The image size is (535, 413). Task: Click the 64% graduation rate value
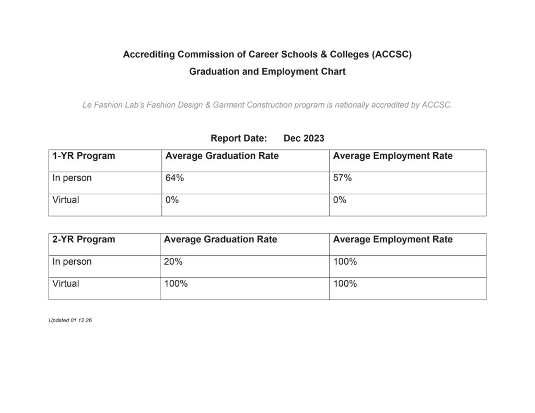click(175, 178)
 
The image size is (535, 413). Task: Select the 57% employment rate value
click(342, 178)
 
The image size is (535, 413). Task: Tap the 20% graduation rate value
click(173, 262)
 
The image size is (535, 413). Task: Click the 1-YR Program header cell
click(84, 156)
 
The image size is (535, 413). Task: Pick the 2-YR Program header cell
click(84, 240)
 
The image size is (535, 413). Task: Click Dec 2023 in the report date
click(304, 138)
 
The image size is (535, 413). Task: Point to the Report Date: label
click(239, 138)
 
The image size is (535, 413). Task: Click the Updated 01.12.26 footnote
click(71, 320)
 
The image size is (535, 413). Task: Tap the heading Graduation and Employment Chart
click(267, 72)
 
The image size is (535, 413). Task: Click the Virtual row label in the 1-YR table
click(66, 200)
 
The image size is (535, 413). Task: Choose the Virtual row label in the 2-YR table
click(66, 284)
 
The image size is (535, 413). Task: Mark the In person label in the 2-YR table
click(72, 262)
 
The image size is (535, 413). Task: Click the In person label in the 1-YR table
click(72, 178)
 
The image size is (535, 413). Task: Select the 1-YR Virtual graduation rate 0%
click(172, 200)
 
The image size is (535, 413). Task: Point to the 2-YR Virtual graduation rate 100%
click(176, 284)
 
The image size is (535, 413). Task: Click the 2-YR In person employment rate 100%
click(345, 262)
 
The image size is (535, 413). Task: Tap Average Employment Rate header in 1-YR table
click(392, 156)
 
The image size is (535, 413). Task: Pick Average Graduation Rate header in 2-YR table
click(220, 240)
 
